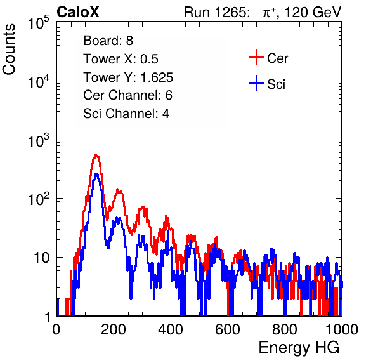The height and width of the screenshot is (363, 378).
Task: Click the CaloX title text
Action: (x=78, y=12)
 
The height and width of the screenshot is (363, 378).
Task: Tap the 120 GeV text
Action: (x=313, y=12)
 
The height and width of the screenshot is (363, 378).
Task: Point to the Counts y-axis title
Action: (x=9, y=49)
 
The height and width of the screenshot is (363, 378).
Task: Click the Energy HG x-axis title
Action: (x=299, y=348)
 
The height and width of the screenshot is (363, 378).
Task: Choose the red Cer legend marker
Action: (x=256, y=57)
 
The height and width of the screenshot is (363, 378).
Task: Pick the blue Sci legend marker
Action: (x=256, y=83)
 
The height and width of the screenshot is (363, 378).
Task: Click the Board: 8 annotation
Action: (x=108, y=41)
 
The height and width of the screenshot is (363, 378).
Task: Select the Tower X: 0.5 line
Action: (x=121, y=59)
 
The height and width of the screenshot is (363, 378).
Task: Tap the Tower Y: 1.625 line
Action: (x=128, y=77)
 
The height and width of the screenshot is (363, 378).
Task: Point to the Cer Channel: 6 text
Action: (x=127, y=95)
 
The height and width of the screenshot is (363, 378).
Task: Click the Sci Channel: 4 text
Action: (x=126, y=114)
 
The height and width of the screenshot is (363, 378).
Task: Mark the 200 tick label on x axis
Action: (x=114, y=329)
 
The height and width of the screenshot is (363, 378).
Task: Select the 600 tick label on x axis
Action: (x=228, y=329)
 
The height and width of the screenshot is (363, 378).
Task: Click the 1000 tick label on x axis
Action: (x=342, y=329)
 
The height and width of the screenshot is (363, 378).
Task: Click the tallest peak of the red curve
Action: (x=96, y=155)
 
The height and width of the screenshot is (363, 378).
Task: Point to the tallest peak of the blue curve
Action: (x=96, y=175)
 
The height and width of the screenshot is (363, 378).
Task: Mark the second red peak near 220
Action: (x=119, y=191)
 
